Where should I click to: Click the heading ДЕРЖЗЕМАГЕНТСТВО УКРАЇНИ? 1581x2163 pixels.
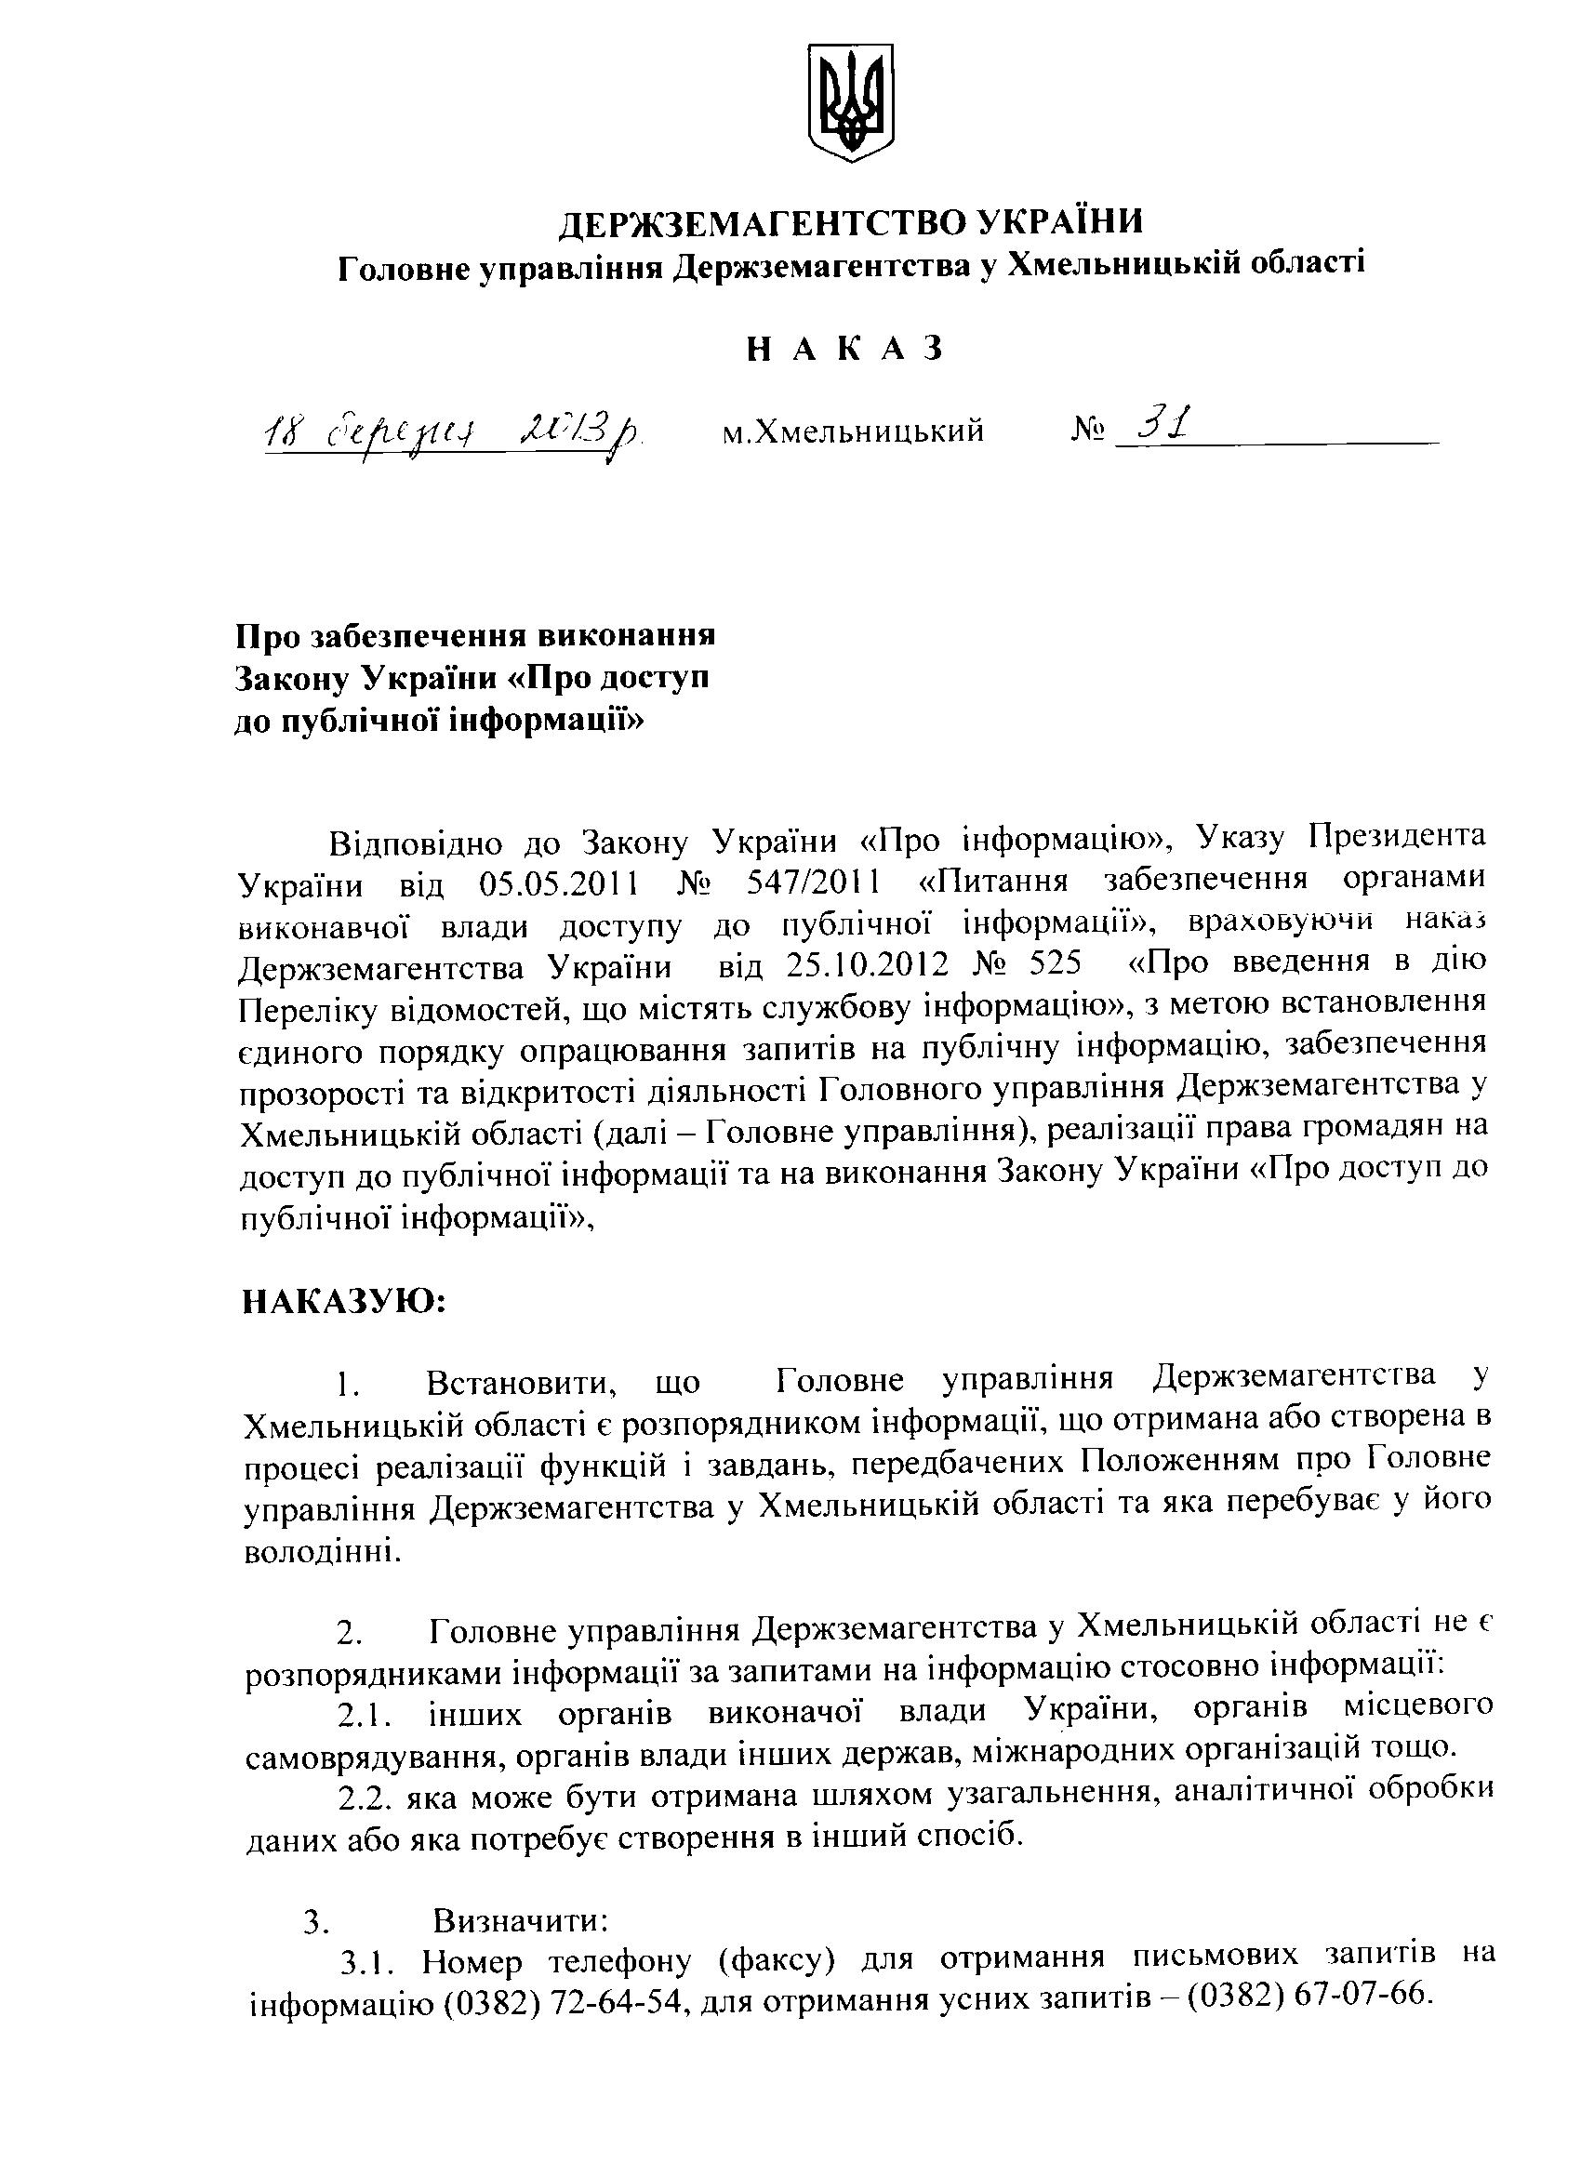[851, 223]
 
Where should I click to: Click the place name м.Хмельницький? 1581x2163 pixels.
[853, 432]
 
